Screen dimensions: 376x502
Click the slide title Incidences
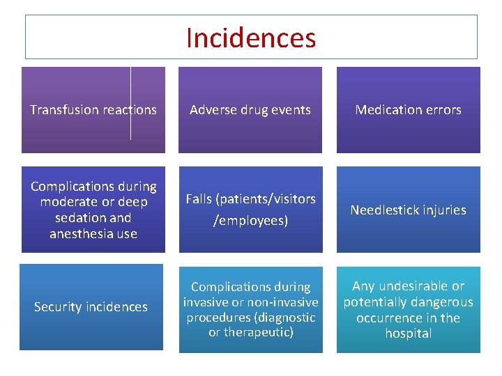point(251,38)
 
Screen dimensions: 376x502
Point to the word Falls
point(200,199)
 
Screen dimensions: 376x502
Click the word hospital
point(409,334)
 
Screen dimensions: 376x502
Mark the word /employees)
point(250,221)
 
